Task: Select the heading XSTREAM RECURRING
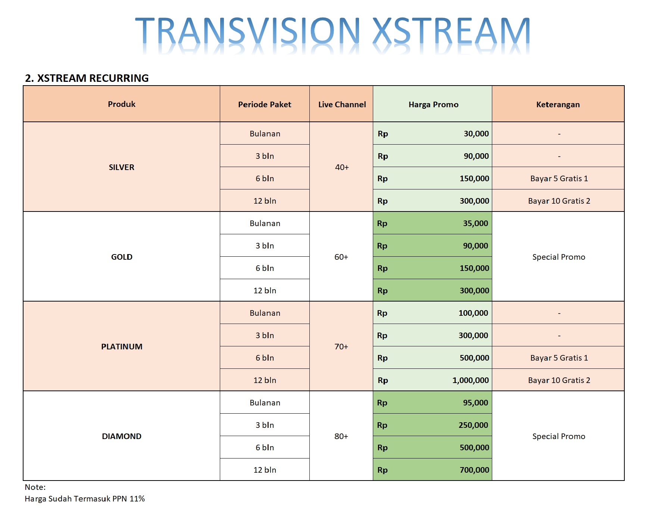pyautogui.click(x=93, y=78)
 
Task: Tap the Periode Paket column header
pyautogui.click(x=265, y=105)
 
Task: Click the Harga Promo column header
pyautogui.click(x=433, y=105)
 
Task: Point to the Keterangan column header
pyautogui.click(x=558, y=105)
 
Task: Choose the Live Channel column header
pyautogui.click(x=342, y=105)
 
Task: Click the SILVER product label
pyautogui.click(x=122, y=167)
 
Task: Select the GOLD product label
pyautogui.click(x=122, y=257)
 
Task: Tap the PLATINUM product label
pyautogui.click(x=122, y=347)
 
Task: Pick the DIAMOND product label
pyautogui.click(x=122, y=436)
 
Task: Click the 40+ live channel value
pyautogui.click(x=342, y=167)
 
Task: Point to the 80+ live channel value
pyautogui.click(x=341, y=436)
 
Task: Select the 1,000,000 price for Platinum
pyautogui.click(x=471, y=380)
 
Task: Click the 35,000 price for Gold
pyautogui.click(x=475, y=223)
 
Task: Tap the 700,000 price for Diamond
pyautogui.click(x=474, y=470)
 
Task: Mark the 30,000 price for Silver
pyautogui.click(x=476, y=134)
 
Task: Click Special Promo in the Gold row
pyautogui.click(x=559, y=257)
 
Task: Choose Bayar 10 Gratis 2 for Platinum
pyautogui.click(x=559, y=380)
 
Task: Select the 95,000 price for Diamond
pyautogui.click(x=475, y=403)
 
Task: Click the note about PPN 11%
pyautogui.click(x=85, y=499)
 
